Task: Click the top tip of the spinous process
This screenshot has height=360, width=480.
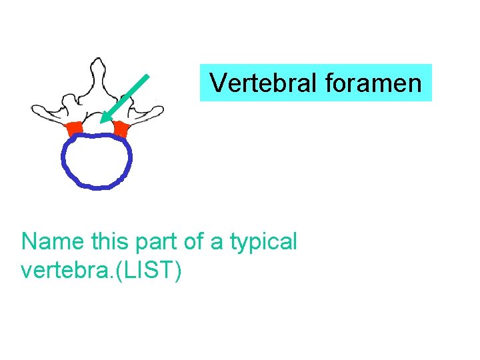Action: pos(98,60)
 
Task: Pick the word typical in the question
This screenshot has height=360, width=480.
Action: pos(263,241)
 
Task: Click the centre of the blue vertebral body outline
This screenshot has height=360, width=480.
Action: pos(97,161)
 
